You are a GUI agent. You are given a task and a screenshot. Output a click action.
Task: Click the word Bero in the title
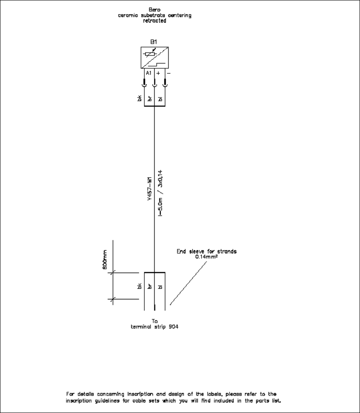[x=154, y=9]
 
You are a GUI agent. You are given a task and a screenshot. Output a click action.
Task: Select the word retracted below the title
[x=154, y=21]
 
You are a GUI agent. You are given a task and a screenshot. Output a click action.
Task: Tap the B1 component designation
[x=154, y=42]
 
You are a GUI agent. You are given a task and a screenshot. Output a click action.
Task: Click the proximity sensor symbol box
[x=154, y=57]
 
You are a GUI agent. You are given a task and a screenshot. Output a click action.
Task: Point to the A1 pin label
[x=149, y=73]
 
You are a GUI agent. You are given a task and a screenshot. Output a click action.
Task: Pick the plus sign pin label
[x=158, y=73]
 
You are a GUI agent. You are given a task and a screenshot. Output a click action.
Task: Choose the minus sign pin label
[x=168, y=73]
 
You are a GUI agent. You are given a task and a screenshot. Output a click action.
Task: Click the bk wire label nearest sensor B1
[x=139, y=99]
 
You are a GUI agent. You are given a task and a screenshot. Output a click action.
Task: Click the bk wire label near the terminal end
[x=139, y=287]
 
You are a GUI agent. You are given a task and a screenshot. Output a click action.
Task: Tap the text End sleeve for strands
[x=206, y=251]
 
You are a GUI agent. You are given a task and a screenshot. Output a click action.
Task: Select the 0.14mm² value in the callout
[x=206, y=257]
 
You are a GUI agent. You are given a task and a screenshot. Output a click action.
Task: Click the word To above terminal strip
[x=155, y=321]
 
